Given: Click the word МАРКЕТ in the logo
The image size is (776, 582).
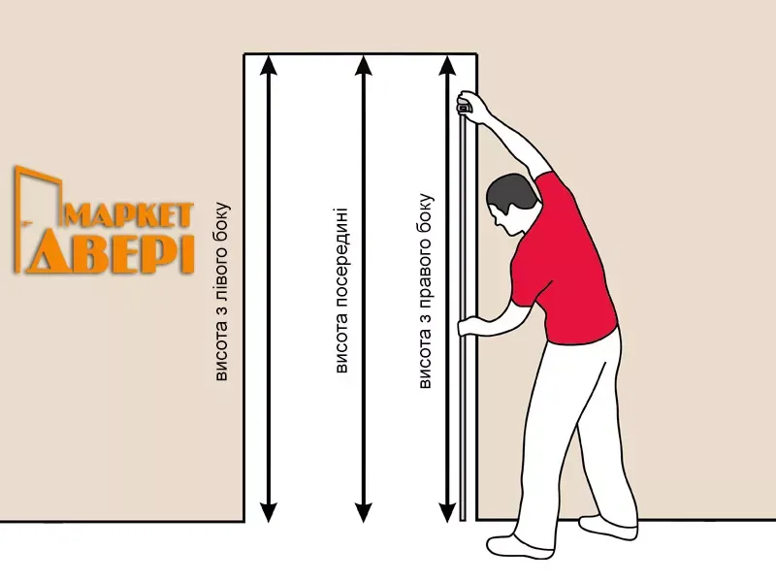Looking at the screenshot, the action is [x=128, y=215].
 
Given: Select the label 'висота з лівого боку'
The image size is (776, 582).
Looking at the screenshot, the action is [x=222, y=292].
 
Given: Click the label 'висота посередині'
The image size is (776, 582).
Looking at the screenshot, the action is [x=341, y=290].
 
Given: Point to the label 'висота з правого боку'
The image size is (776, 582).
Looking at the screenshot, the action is [x=426, y=291].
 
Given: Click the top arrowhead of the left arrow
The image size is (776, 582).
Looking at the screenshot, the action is [x=269, y=65].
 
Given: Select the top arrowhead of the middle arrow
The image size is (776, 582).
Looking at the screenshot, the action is [x=364, y=65].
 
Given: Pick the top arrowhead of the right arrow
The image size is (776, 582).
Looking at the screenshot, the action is [x=447, y=65].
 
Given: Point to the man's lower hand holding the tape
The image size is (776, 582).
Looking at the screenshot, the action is [x=470, y=327].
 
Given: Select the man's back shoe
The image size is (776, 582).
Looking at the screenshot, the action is [x=608, y=527].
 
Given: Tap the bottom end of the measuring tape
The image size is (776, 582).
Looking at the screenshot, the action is [x=464, y=520].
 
